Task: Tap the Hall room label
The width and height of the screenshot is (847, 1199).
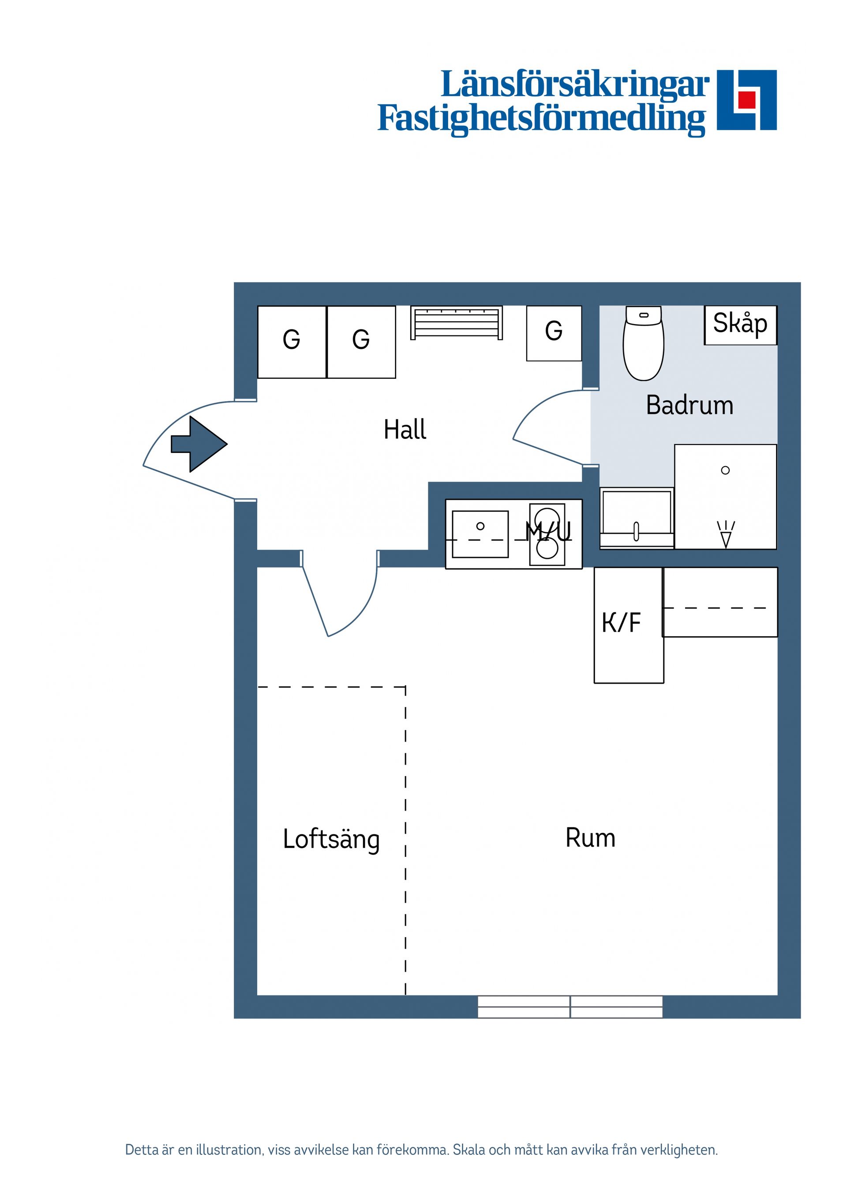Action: click(x=405, y=430)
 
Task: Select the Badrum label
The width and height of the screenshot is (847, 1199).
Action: click(x=690, y=405)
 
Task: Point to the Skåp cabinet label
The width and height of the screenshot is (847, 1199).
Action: click(x=740, y=324)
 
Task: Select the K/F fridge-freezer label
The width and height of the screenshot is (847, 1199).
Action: click(x=621, y=622)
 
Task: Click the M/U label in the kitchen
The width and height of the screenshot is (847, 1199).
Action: click(x=548, y=532)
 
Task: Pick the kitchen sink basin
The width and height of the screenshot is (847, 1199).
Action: click(x=480, y=534)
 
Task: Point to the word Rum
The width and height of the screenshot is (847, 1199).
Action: click(x=590, y=794)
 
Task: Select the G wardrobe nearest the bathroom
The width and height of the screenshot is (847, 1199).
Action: click(x=554, y=333)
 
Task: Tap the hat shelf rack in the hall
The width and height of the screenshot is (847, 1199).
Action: click(x=456, y=323)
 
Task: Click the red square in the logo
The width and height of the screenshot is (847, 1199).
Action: click(x=747, y=99)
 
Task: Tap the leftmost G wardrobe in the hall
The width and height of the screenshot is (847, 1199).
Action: click(x=292, y=342)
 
